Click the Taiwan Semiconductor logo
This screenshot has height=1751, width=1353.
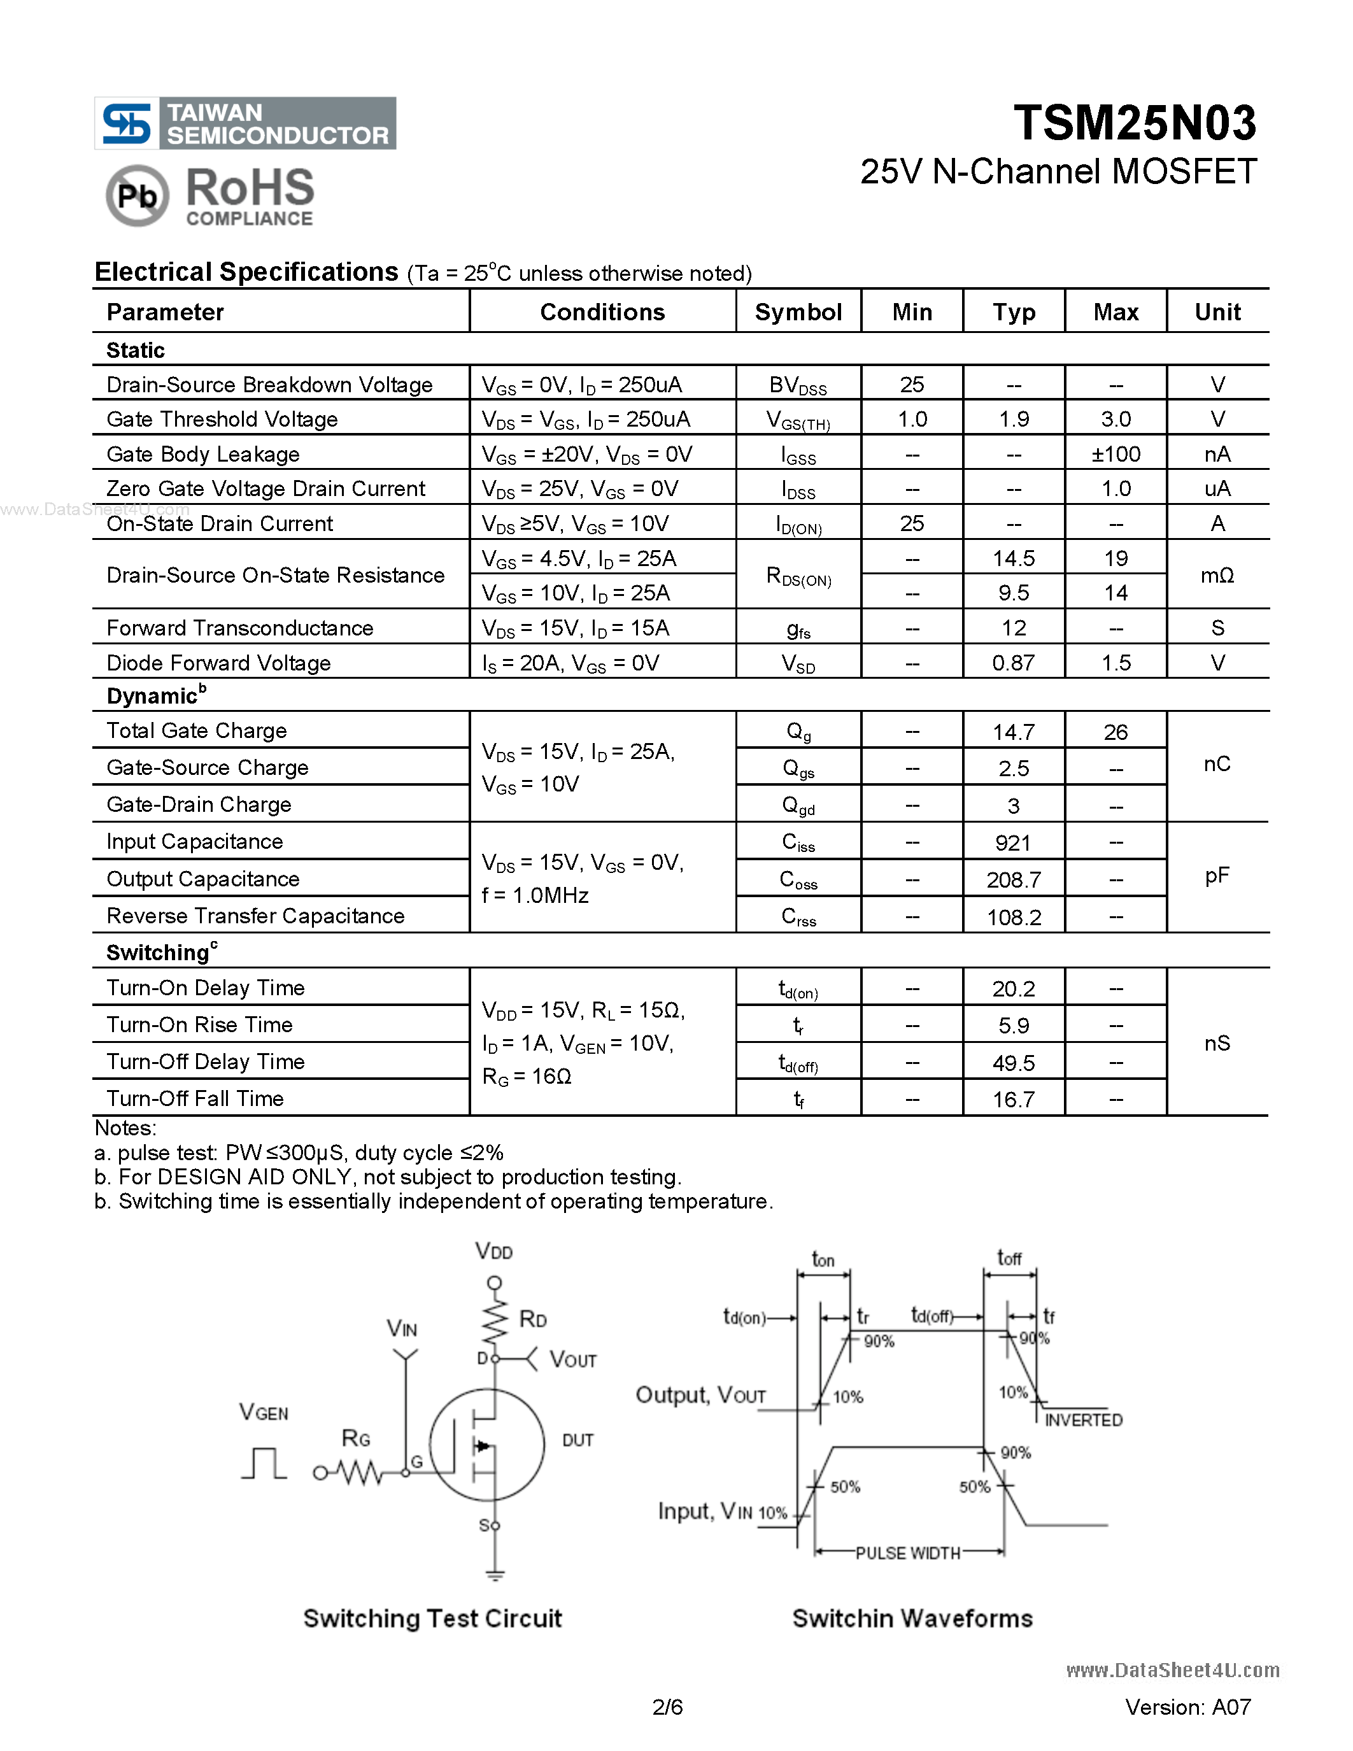[244, 124]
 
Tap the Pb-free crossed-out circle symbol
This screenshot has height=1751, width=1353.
[137, 195]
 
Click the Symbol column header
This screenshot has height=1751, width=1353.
[798, 312]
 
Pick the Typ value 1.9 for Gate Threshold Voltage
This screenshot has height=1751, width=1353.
[1013, 420]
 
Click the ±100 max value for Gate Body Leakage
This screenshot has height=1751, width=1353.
[1115, 455]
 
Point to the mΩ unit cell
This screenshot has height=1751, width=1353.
[1217, 575]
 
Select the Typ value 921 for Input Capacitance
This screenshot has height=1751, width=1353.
[1012, 842]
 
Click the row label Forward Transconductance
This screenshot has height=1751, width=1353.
[239, 628]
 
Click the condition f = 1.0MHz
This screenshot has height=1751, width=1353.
[535, 895]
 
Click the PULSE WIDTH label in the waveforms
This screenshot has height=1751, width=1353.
[907, 1553]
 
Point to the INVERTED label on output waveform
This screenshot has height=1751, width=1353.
[1083, 1420]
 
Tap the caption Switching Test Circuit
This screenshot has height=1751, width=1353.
[432, 1618]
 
